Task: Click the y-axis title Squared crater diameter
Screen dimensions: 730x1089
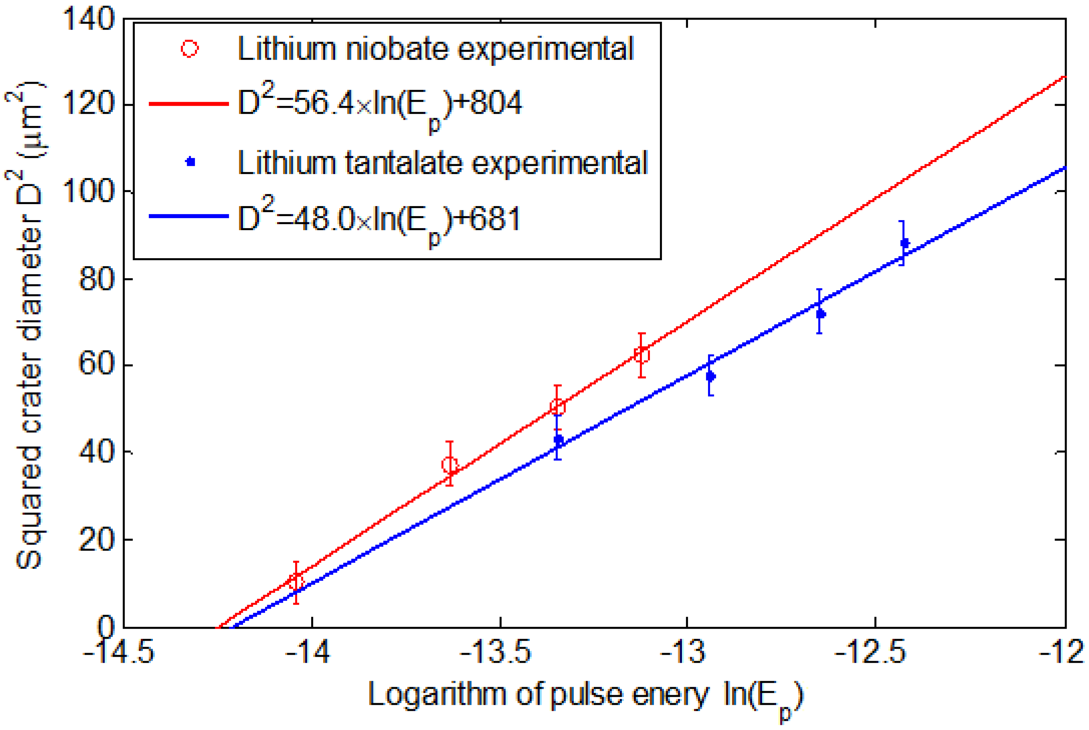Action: coord(29,326)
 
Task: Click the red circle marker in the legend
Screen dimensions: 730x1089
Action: coord(190,49)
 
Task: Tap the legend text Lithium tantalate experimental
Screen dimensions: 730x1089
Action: coord(442,163)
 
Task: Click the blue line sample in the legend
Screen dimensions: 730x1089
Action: coord(188,216)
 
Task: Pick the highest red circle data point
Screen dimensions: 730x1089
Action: coord(642,355)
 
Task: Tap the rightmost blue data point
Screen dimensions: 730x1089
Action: coord(905,243)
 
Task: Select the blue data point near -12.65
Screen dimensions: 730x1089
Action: coord(821,314)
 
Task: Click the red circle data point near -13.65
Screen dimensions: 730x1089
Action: coord(450,465)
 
